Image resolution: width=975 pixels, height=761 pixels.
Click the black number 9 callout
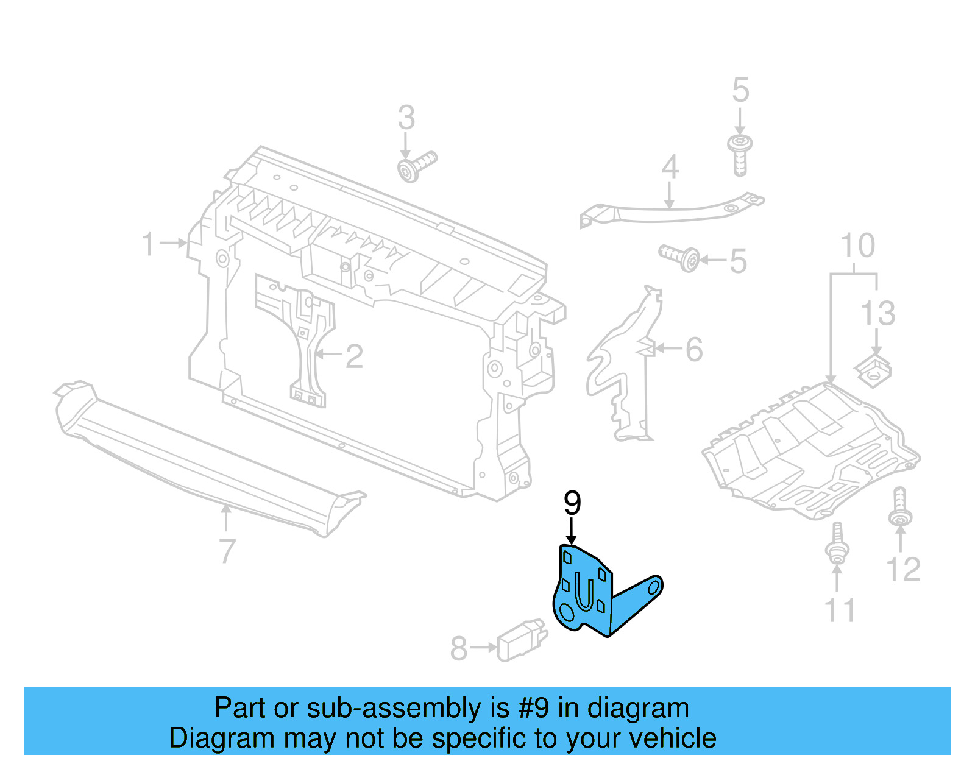pyautogui.click(x=572, y=503)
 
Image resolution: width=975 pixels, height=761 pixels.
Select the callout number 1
pyautogui.click(x=149, y=244)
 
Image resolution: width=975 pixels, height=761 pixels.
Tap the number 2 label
pyautogui.click(x=354, y=356)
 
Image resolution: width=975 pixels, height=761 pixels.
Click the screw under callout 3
pyautogui.click(x=417, y=166)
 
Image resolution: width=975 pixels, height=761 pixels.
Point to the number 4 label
pyautogui.click(x=670, y=167)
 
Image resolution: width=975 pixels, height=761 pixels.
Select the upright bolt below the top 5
pyautogui.click(x=740, y=155)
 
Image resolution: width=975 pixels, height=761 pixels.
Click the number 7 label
pyautogui.click(x=227, y=551)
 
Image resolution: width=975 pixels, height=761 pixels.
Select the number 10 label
pyautogui.click(x=857, y=246)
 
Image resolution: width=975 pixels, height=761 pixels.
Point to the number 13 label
pyautogui.click(x=877, y=314)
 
